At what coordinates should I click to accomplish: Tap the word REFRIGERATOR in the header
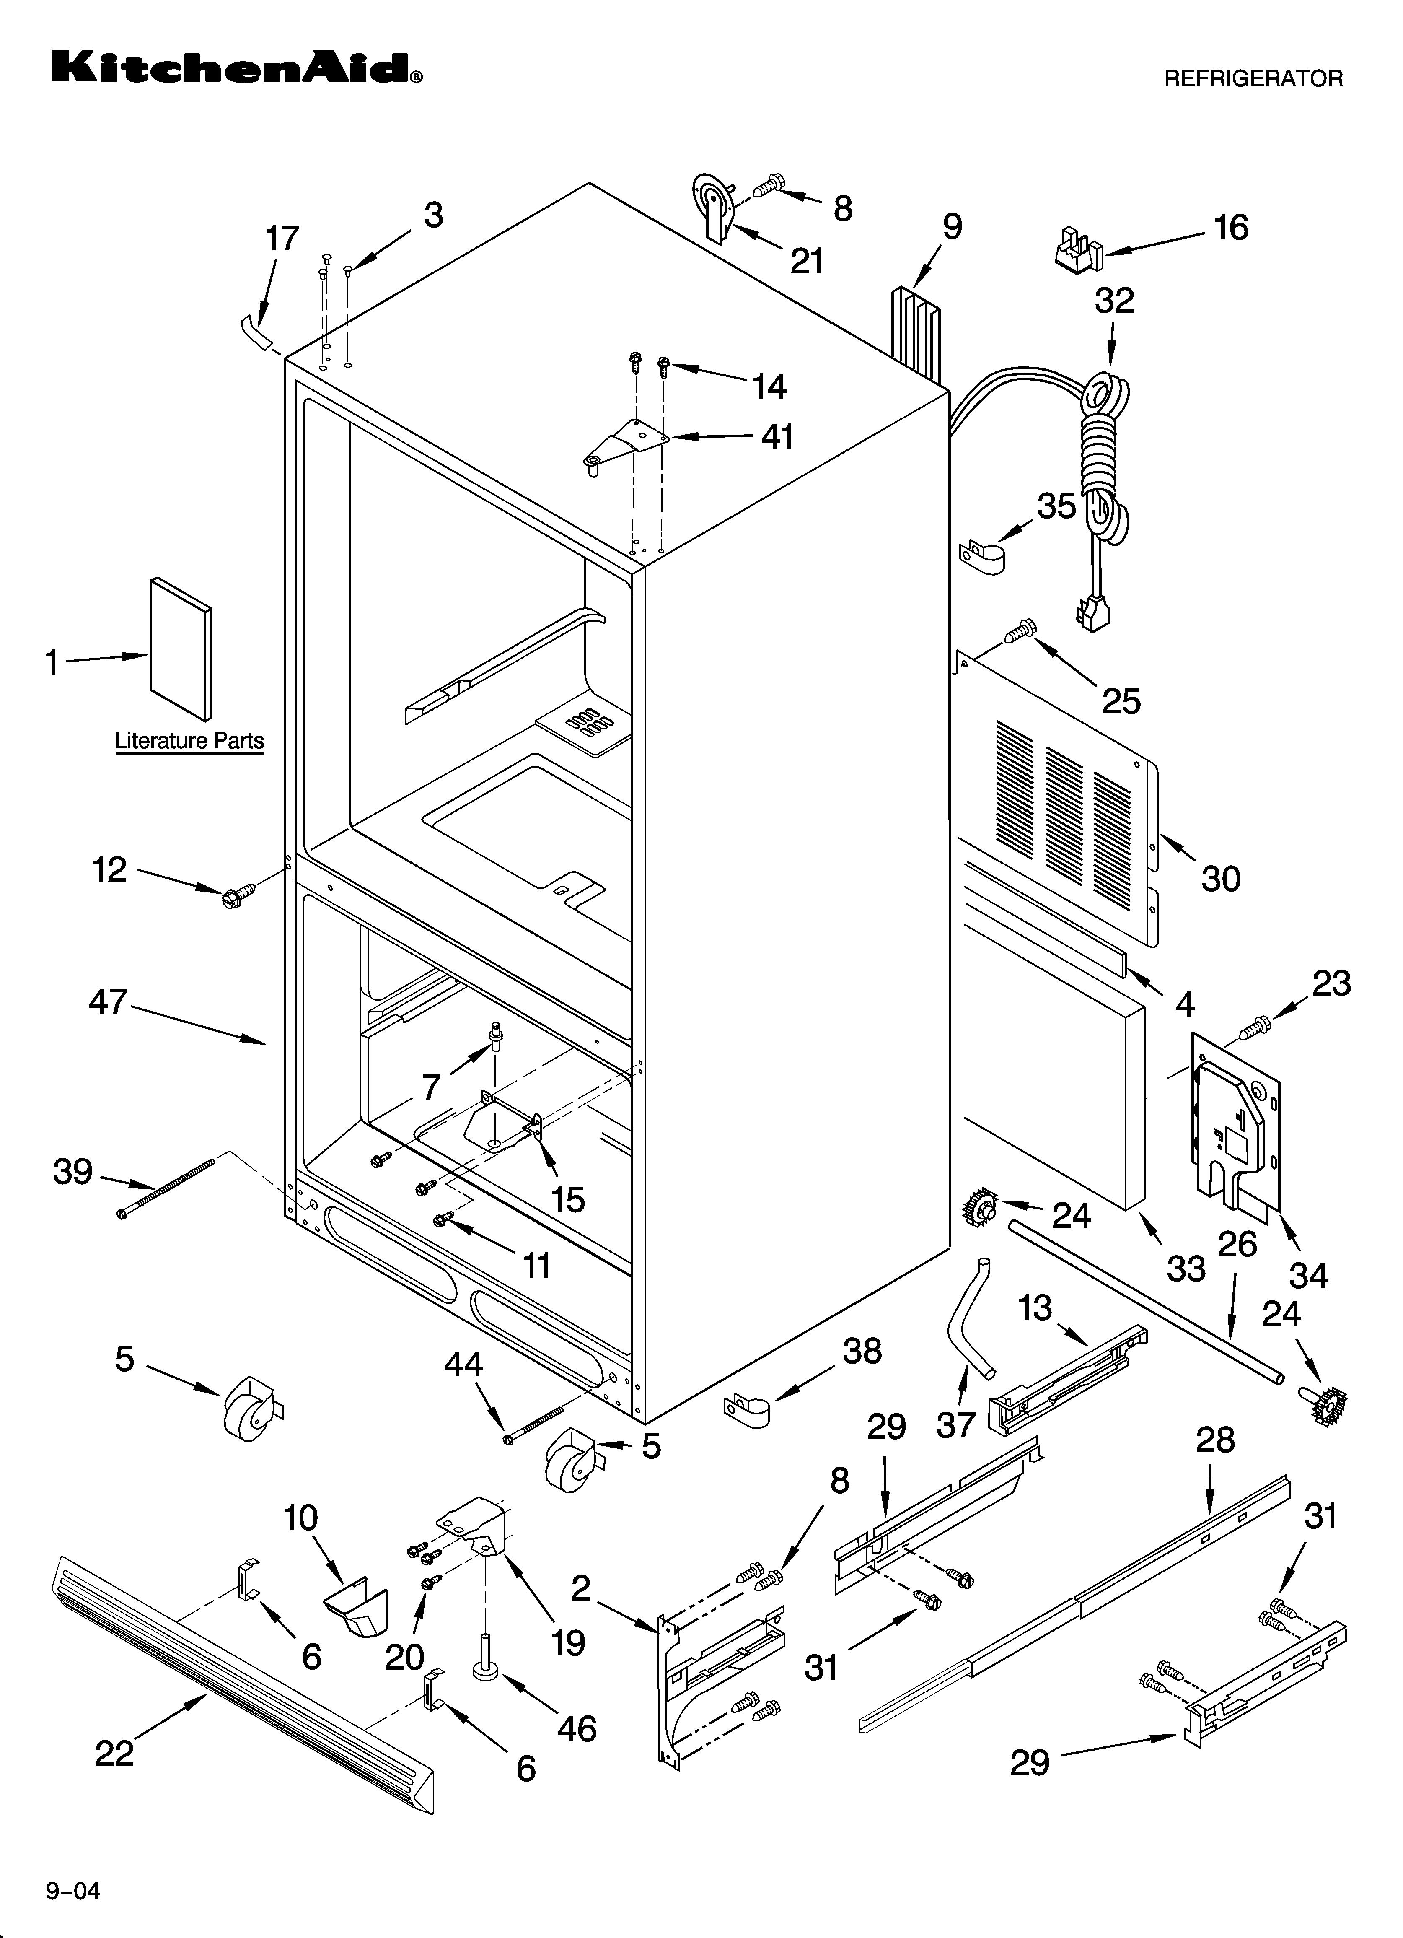pos(1253,79)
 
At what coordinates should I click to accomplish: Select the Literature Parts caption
pos(190,741)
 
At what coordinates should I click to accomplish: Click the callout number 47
pos(109,1001)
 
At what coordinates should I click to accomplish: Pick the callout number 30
pos(1220,878)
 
